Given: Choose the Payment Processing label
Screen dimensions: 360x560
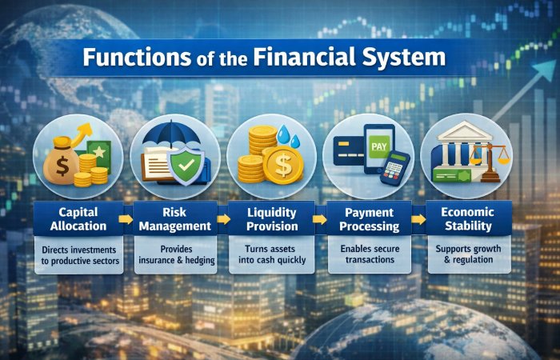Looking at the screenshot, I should click(370, 219).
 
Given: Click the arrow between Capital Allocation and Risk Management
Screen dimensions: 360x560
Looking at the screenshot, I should click(126, 219).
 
